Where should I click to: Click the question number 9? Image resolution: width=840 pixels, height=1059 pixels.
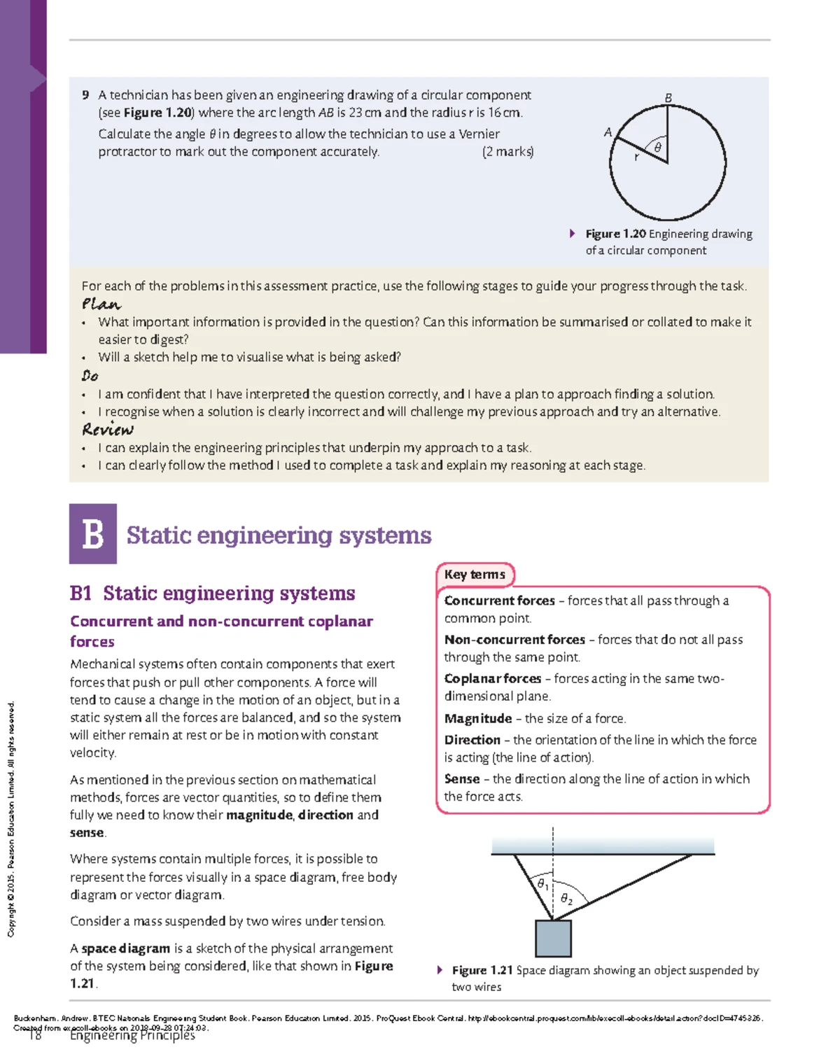coord(85,95)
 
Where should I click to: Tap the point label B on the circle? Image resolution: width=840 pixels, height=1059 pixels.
coord(668,98)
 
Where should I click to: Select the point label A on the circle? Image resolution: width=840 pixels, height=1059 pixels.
coord(608,132)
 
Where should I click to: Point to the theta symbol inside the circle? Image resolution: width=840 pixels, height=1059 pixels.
coord(657,148)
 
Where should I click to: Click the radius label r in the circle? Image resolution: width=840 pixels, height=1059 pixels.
coord(636,157)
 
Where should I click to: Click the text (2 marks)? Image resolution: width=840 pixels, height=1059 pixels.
coord(507,152)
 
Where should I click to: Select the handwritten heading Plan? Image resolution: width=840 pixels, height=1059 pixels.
coord(101,304)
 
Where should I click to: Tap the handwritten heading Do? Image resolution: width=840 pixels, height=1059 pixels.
coord(90,376)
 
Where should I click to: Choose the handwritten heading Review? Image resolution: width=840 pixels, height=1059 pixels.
coord(107,429)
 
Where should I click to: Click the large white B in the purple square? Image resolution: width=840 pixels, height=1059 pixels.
coord(93,534)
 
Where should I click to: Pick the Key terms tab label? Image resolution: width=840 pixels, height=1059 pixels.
coord(475,575)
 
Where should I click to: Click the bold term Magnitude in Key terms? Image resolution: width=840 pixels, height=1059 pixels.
coord(478,719)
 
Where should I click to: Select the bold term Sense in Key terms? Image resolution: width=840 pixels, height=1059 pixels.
coord(462,779)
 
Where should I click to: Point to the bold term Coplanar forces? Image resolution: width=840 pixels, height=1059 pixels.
coord(493,679)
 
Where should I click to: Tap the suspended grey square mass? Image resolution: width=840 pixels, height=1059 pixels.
coord(553,938)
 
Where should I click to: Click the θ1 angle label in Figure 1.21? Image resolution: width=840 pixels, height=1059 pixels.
coord(542,884)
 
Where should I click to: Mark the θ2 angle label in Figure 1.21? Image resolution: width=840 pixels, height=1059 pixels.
coord(566,899)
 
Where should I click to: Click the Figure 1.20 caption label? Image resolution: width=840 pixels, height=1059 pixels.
coord(615,234)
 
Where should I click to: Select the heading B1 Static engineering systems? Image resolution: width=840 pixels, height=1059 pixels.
coord(212,594)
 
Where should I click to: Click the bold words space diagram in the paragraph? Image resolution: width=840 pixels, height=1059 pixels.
coord(126,948)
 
